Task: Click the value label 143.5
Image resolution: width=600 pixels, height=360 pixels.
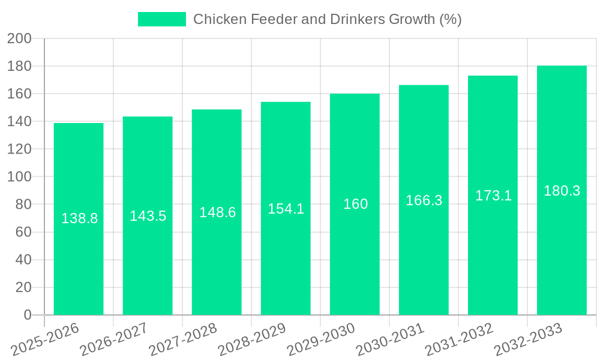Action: (148, 216)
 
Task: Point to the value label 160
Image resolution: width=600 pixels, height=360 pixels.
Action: (355, 204)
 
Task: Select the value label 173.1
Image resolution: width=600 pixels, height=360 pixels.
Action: (493, 195)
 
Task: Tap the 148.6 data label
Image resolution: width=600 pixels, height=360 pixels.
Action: (217, 212)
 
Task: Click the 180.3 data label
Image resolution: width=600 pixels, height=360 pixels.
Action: (562, 191)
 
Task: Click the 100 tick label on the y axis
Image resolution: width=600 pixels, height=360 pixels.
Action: (19, 177)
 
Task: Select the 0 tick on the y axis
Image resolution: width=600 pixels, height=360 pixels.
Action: (27, 315)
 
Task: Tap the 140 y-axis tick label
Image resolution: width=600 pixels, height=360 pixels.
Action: (19, 122)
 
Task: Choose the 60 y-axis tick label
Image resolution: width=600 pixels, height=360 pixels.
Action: (23, 232)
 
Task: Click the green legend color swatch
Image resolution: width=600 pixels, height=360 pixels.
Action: (162, 19)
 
